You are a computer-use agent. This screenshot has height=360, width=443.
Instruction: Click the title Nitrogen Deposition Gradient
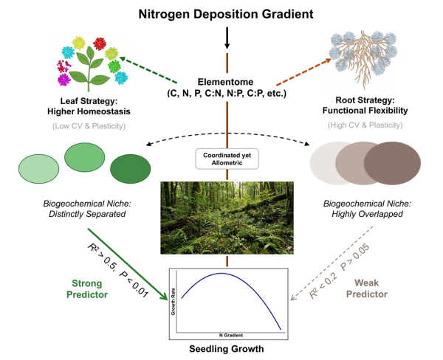pyautogui.click(x=221, y=14)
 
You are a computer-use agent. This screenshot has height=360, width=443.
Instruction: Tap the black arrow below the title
pyautogui.click(x=227, y=35)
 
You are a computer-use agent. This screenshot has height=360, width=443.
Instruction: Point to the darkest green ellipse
pyautogui.click(x=130, y=169)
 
